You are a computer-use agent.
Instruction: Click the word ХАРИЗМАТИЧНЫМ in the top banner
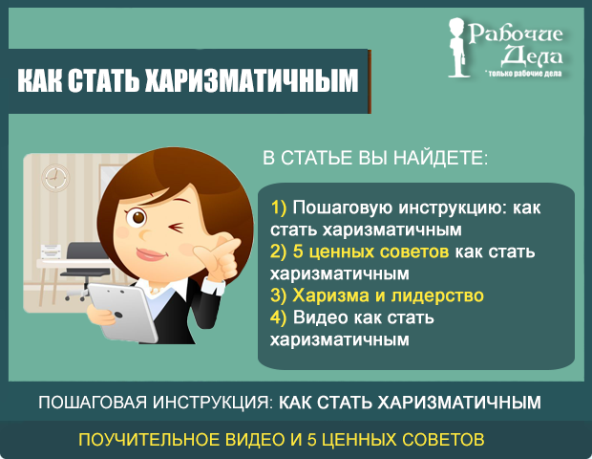point(251,80)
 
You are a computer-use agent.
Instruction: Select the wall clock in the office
point(55,177)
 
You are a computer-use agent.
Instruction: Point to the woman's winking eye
point(177,228)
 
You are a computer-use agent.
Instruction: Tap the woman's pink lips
point(152,254)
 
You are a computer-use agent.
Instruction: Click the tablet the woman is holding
point(122,313)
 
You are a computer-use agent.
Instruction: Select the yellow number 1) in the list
point(279,208)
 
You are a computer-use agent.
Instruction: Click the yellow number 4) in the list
point(279,317)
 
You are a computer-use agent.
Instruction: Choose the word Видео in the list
point(321,317)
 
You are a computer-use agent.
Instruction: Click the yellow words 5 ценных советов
point(370,251)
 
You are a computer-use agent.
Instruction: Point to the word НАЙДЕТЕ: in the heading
point(440,158)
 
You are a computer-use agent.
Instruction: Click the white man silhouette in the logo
point(457,48)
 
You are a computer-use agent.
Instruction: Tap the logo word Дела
point(532,55)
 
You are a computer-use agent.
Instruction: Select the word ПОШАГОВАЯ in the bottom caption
point(93,403)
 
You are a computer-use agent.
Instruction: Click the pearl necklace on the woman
point(155,291)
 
